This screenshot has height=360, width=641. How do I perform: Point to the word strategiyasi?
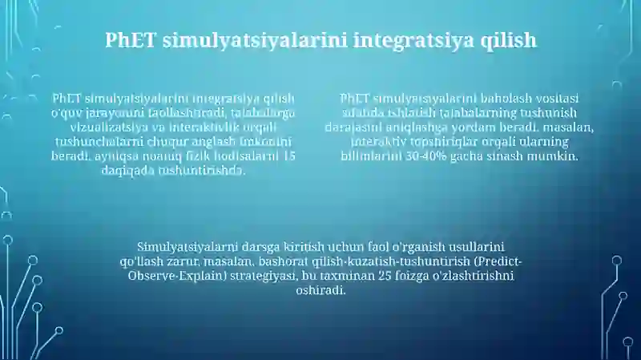point(260,276)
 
